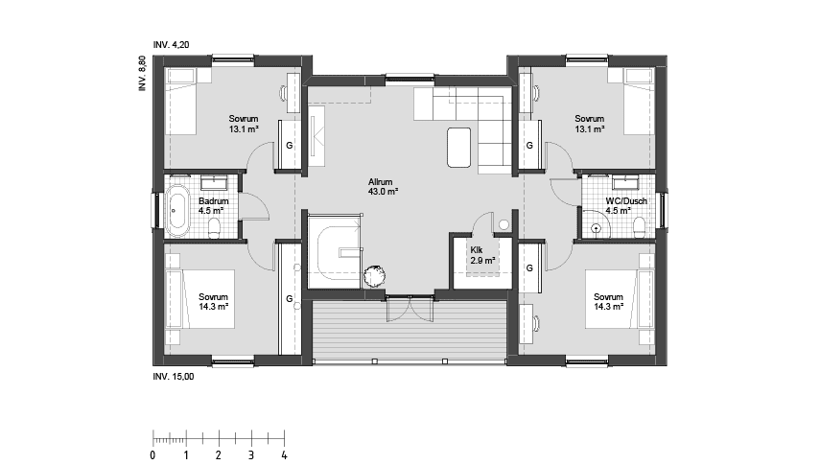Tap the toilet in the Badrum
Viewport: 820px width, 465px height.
[x=215, y=226]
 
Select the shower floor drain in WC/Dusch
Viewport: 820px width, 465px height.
[x=597, y=228]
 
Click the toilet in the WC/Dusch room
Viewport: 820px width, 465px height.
[x=639, y=226]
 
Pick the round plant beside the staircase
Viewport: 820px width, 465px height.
[x=374, y=274]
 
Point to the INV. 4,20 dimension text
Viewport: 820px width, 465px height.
[x=173, y=45]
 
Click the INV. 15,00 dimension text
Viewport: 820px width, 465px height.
[x=174, y=377]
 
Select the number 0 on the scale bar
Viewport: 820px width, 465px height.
[x=153, y=453]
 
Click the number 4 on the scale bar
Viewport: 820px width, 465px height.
[x=284, y=453]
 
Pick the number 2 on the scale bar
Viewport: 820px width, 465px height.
[x=219, y=453]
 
